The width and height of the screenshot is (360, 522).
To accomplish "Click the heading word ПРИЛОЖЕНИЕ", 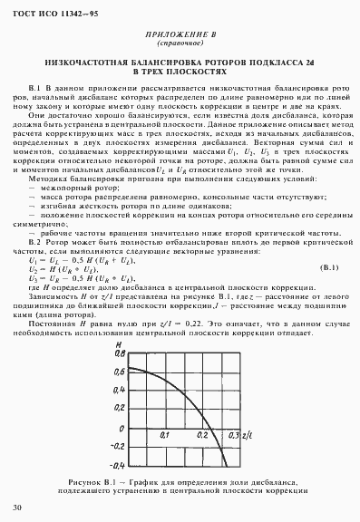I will coord(170,34).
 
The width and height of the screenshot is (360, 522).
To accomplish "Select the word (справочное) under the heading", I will coord(179,43).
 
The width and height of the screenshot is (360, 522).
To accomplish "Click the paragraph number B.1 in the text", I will coord(36,88).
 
